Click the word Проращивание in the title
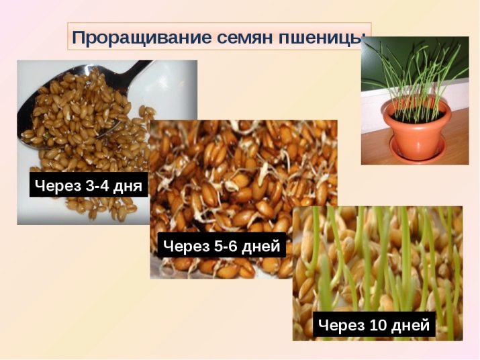click(142, 38)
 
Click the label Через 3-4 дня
click(89, 185)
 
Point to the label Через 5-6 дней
click(222, 245)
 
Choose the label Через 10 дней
click(374, 324)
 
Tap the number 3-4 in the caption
click(97, 185)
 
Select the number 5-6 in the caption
click(226, 246)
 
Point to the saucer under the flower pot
click(418, 150)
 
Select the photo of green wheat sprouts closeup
click(378, 273)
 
